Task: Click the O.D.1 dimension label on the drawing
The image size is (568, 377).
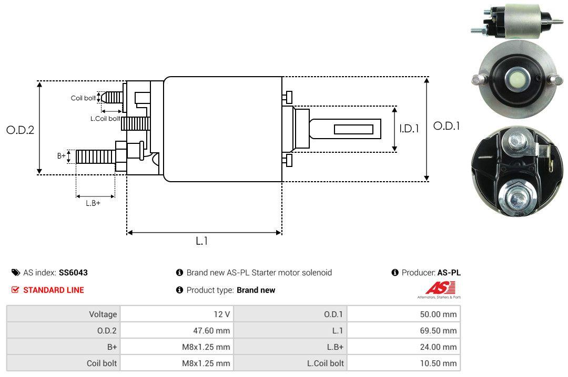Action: click(x=447, y=126)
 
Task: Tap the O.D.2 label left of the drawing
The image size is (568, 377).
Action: click(x=20, y=130)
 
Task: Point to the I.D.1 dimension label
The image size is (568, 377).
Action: click(x=409, y=128)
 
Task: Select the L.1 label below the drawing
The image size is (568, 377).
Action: click(x=202, y=241)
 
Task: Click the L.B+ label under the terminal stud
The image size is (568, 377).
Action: click(x=93, y=203)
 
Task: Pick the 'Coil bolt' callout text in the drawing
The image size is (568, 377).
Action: click(x=83, y=98)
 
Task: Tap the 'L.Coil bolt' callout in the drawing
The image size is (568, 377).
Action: click(x=105, y=119)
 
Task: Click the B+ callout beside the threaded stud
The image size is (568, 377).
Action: click(x=62, y=156)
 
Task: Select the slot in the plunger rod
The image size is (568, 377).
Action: click(x=354, y=129)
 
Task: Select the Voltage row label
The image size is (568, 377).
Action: click(x=103, y=315)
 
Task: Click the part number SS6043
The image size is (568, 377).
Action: click(x=73, y=273)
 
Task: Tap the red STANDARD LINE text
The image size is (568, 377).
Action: click(x=53, y=290)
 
